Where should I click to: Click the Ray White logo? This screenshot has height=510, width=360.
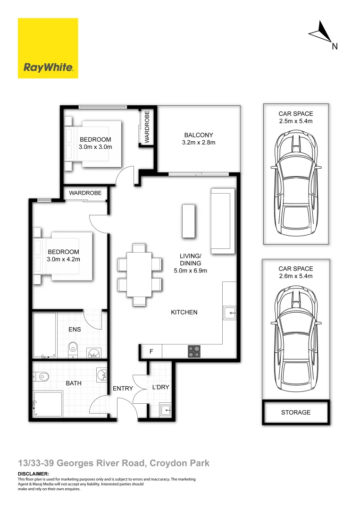tap(48, 48)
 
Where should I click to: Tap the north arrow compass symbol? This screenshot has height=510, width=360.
tap(320, 34)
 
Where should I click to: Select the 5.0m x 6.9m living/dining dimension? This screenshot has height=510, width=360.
tap(190, 271)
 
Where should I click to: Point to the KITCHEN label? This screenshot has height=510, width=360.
tap(184, 312)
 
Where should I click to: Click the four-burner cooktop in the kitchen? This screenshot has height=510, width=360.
tap(193, 351)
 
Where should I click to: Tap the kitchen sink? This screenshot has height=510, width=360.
tap(229, 312)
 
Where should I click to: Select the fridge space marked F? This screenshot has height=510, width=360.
tap(151, 351)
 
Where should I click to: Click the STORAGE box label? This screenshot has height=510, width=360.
tap(296, 412)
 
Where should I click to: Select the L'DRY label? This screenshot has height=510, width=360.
tap(160, 387)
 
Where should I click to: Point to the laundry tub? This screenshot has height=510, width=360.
tap(165, 409)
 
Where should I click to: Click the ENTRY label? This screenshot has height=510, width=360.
tap(122, 389)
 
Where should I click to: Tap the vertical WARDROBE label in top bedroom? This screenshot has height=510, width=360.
tap(147, 127)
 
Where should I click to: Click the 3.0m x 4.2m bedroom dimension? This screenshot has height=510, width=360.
tap(63, 259)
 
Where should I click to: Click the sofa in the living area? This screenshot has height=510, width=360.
tap(223, 220)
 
